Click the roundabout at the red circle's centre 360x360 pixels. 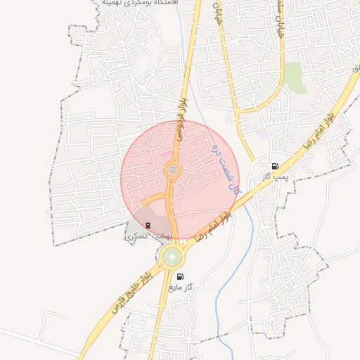coord(172,170)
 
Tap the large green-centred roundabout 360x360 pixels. coord(172,257)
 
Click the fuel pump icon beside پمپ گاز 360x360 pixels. coord(274,166)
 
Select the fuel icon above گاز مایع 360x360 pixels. coord(181,276)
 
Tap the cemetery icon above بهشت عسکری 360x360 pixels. coord(147,225)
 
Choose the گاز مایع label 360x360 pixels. coord(181,288)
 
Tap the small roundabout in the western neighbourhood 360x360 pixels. coord(77,200)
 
